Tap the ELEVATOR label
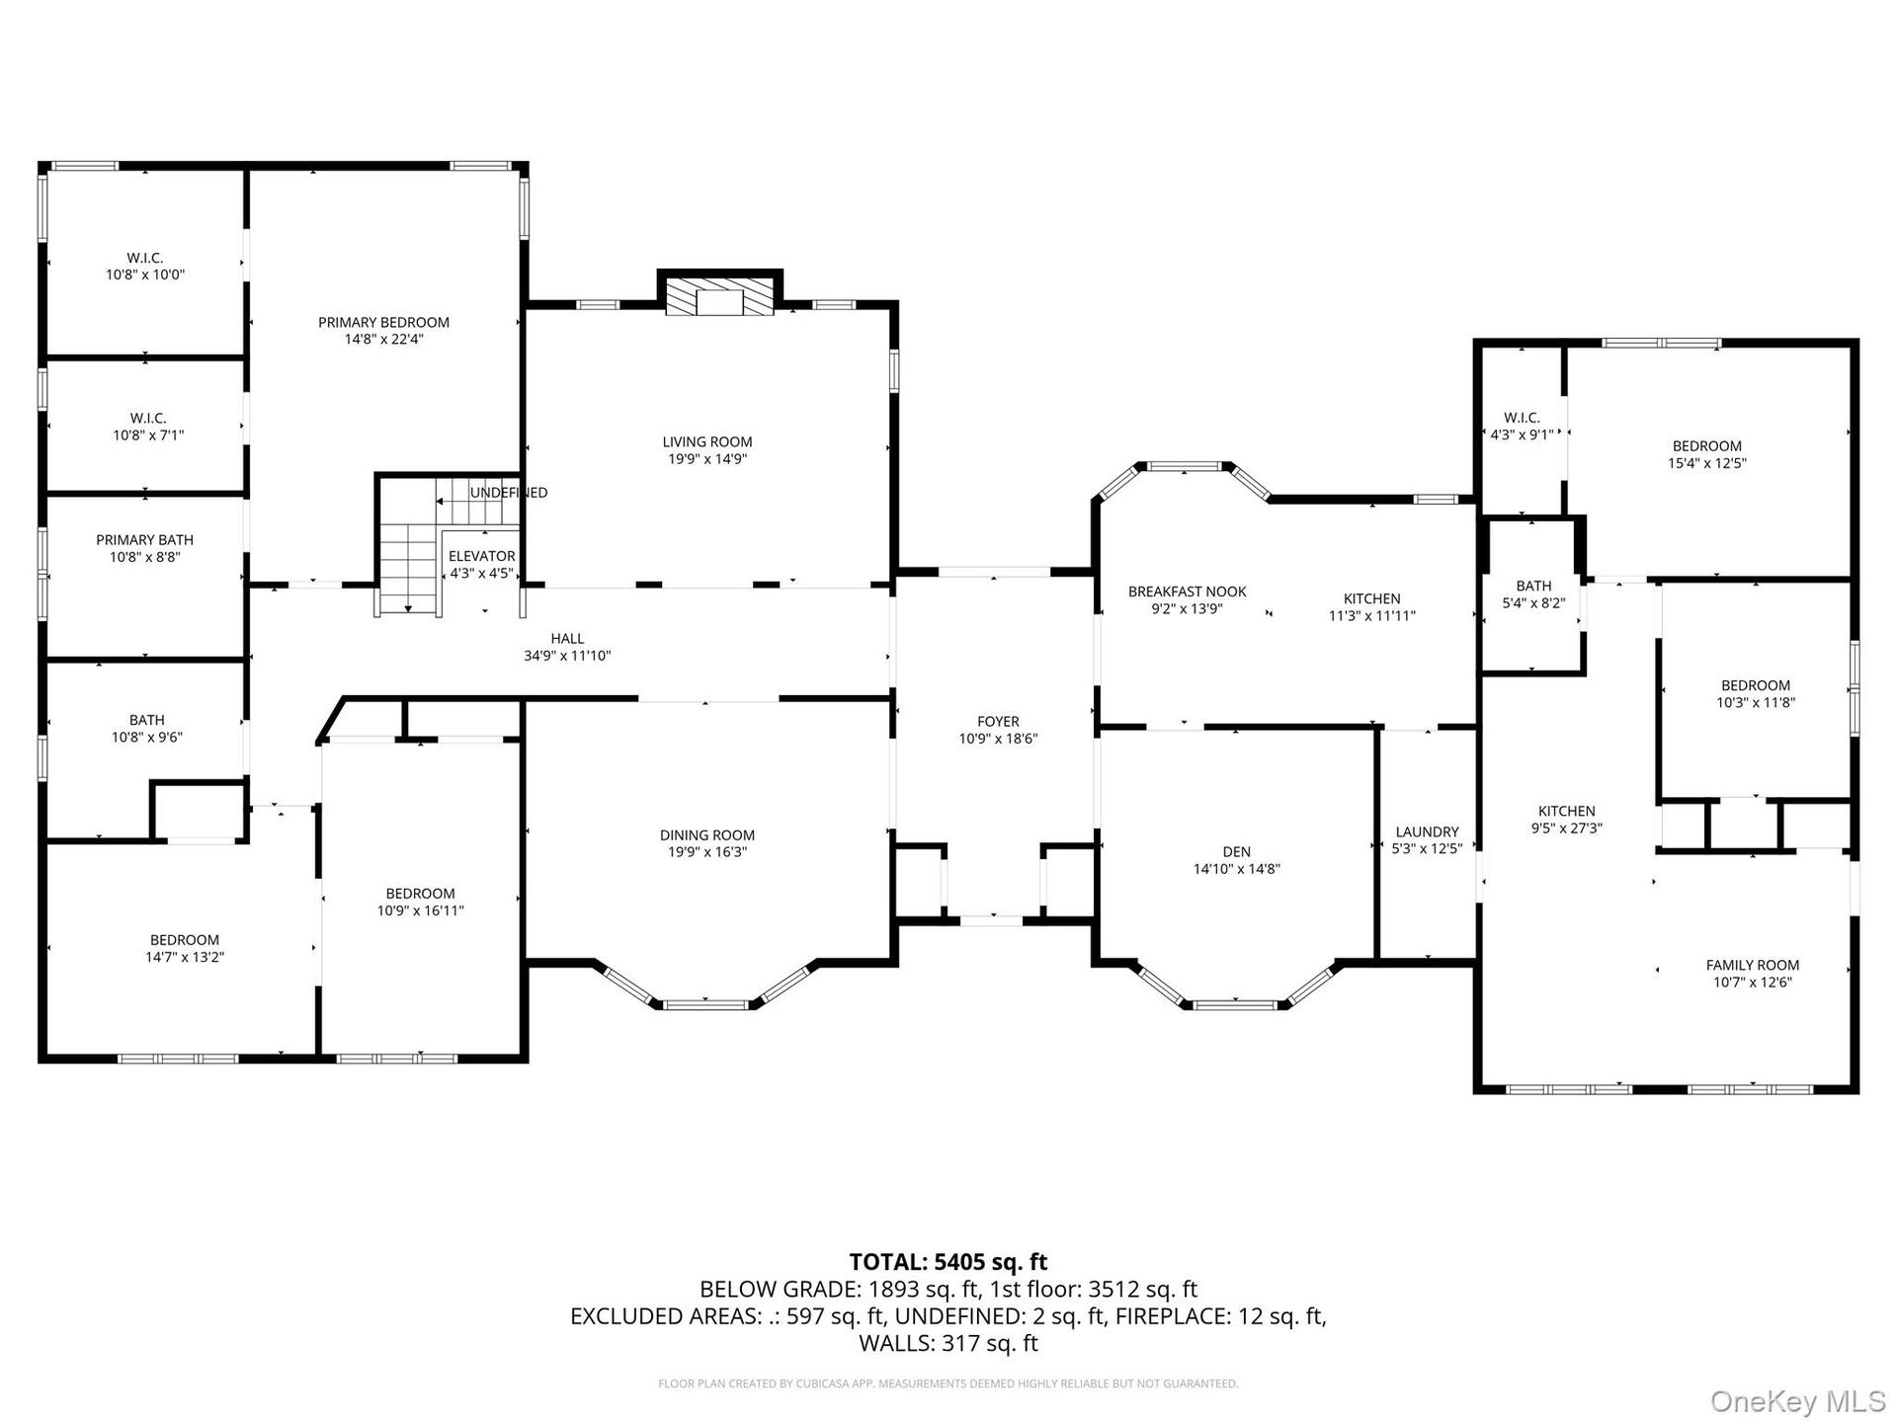[482, 556]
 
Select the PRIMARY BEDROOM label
[383, 322]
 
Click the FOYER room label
[998, 722]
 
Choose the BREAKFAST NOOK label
[1188, 592]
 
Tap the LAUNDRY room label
[1427, 831]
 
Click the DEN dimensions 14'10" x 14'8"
[1237, 869]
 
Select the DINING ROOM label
[707, 835]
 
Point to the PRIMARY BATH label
[145, 540]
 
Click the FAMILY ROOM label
[1753, 965]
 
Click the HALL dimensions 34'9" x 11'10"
[568, 656]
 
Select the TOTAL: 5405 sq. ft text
[948, 1262]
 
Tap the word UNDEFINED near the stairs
[509, 493]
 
